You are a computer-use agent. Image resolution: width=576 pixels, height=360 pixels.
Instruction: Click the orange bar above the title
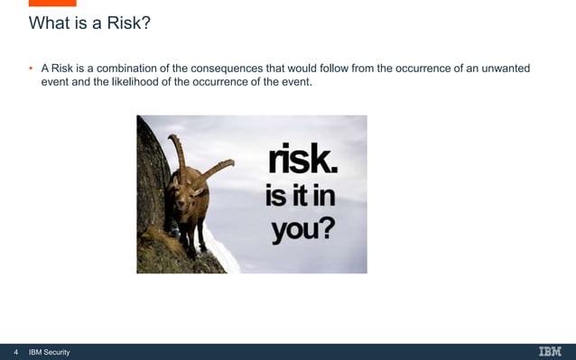[x=52, y=3]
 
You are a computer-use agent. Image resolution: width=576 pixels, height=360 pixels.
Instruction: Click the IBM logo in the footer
[x=549, y=351]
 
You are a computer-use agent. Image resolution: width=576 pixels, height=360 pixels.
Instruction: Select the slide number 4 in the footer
[x=15, y=352]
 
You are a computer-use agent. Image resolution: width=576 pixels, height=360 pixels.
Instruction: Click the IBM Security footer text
[x=50, y=352]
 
